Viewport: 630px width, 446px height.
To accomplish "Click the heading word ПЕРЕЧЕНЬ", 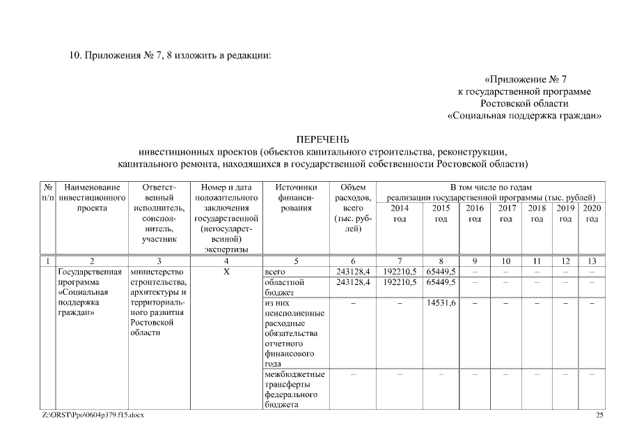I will [322, 139].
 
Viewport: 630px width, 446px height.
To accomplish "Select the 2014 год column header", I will [400, 213].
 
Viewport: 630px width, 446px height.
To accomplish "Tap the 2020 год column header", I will [592, 213].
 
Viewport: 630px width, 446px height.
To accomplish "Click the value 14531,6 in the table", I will [441, 304].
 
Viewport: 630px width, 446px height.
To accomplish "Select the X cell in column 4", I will [226, 271].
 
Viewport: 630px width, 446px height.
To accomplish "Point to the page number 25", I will [599, 415].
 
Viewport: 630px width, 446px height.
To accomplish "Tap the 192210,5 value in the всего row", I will [400, 271].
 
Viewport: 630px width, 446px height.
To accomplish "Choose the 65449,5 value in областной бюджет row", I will [441, 282].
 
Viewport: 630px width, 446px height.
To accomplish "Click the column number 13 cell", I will [592, 261].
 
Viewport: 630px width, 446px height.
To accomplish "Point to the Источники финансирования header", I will [296, 197].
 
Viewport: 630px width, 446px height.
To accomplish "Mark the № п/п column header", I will [49, 192].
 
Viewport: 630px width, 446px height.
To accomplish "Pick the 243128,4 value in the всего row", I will [353, 271].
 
